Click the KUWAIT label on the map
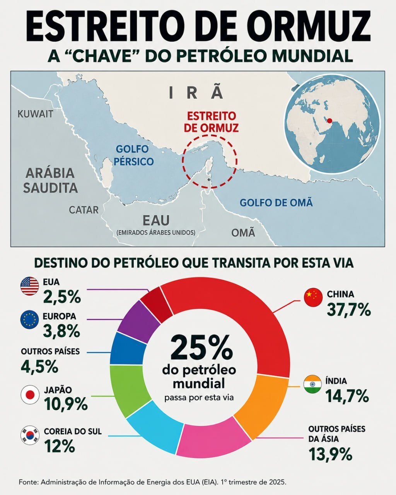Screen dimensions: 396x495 35,114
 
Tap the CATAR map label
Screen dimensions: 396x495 84,210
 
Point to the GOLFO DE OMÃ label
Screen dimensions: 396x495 276,203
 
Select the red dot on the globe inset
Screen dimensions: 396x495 329,121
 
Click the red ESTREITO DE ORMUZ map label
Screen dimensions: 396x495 212,122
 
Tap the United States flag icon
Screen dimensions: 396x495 30,286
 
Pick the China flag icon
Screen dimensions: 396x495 313,297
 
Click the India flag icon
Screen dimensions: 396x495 312,384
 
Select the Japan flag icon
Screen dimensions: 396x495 30,395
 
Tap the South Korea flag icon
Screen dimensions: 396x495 30,435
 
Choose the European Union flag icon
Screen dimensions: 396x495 29,319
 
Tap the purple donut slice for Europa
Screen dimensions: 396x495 138,320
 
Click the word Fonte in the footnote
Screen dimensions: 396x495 29,480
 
